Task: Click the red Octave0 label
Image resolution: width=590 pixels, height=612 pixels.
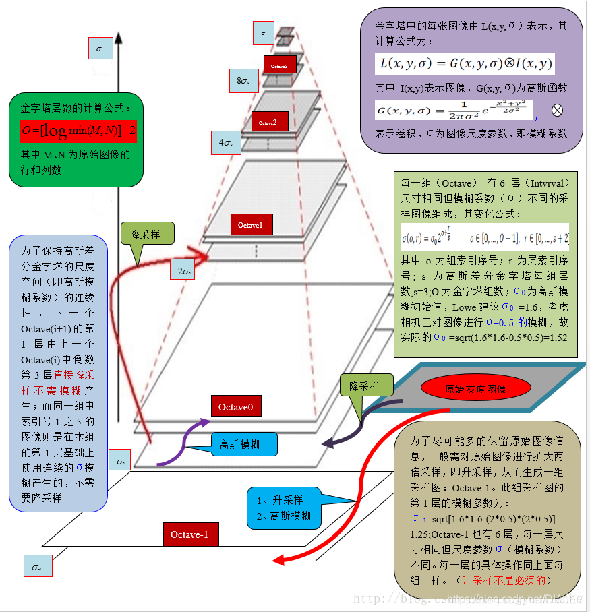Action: pyautogui.click(x=236, y=406)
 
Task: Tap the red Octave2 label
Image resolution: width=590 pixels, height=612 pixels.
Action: pyautogui.click(x=270, y=121)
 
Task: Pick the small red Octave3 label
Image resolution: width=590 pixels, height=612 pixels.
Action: pyautogui.click(x=279, y=66)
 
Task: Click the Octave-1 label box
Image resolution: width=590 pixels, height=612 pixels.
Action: pyautogui.click(x=194, y=534)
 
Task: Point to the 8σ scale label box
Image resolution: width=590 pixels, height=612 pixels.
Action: pyautogui.click(x=243, y=80)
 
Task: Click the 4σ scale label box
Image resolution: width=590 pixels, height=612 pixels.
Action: pyautogui.click(x=226, y=142)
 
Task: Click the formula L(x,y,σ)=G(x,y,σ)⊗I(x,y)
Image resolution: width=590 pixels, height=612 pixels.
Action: pyautogui.click(x=465, y=65)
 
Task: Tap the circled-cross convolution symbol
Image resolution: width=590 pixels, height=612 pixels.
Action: pyautogui.click(x=558, y=110)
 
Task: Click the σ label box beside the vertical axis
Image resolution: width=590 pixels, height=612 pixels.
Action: pyautogui.click(x=100, y=49)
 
